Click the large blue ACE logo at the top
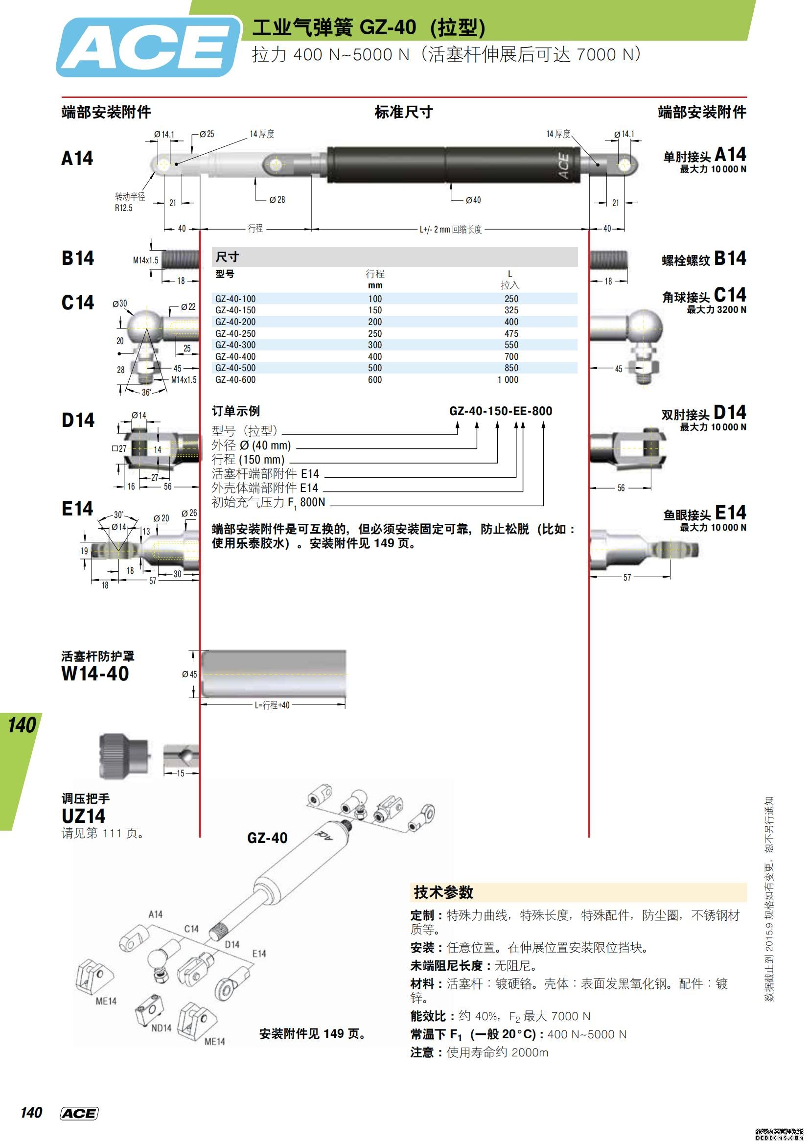tap(148, 47)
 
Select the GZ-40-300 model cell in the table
tap(235, 345)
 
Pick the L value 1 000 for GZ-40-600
tap(508, 379)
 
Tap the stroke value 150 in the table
tap(375, 310)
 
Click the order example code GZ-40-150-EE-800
tap(501, 411)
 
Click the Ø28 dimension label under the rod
tap(277, 199)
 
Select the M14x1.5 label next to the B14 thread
tap(145, 260)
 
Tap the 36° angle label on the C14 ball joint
tap(145, 392)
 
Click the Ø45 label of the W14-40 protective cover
tap(189, 674)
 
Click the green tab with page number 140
tap(22, 725)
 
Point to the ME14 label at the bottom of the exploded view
tap(215, 1042)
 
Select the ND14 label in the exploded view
tap(161, 1028)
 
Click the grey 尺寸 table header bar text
tap(227, 257)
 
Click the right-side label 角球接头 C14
tap(704, 296)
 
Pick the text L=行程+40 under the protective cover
tap(272, 705)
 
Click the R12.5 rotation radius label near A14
tap(124, 208)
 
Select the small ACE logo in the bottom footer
tap(79, 1114)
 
